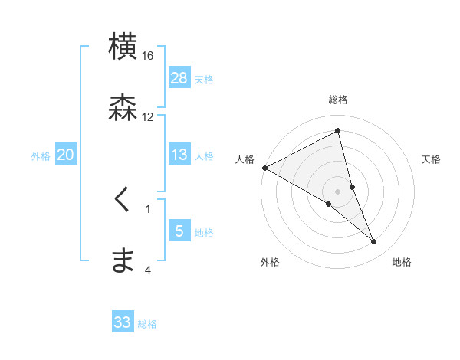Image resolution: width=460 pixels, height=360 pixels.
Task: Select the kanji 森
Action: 123,107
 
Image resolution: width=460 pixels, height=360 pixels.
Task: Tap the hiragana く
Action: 122,201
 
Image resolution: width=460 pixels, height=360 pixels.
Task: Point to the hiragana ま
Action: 123,260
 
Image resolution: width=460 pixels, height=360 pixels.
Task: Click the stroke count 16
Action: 148,56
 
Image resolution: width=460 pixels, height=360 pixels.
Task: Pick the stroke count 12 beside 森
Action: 148,116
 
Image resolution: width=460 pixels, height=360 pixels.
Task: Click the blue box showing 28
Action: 179,78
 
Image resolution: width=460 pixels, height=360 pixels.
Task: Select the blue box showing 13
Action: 179,155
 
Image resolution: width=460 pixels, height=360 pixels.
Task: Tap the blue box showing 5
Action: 179,231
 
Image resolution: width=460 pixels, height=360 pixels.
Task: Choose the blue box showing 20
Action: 66,155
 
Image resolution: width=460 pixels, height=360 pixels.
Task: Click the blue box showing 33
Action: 123,322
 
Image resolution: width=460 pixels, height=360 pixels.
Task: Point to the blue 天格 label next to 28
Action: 204,80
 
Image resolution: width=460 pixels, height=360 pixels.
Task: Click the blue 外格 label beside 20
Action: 41,156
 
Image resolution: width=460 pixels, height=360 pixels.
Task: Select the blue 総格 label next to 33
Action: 147,324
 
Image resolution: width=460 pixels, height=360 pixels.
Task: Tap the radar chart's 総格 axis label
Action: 338,100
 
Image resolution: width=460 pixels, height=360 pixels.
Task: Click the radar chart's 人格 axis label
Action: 245,159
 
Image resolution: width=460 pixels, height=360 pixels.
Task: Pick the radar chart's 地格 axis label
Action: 402,262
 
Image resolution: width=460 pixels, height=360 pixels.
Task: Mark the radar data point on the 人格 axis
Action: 264,168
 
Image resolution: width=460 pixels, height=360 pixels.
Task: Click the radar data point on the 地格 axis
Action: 374,242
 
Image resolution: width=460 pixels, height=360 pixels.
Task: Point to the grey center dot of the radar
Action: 338,191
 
